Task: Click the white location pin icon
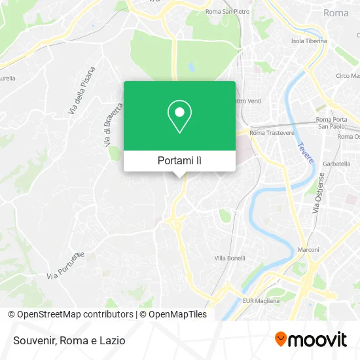pos(179,117)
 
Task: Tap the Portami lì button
pos(179,160)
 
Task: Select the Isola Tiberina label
pos(308,41)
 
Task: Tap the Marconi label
pos(308,250)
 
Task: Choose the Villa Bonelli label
pos(230,258)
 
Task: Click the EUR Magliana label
pos(261,301)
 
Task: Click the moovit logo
pos(310,340)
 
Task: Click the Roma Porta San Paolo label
pos(333,122)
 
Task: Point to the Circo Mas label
pos(346,76)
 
